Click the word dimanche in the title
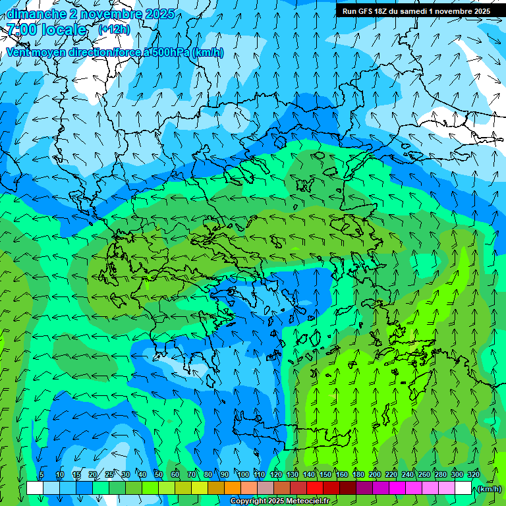click(x=33, y=14)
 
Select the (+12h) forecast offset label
click(x=114, y=30)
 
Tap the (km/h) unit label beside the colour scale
click(x=488, y=489)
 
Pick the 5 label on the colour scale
click(x=42, y=474)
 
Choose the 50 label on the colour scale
click(x=158, y=474)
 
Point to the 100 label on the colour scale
click(x=242, y=474)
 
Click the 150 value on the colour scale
click(x=325, y=474)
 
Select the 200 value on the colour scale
click(x=375, y=474)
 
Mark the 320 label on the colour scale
click(x=474, y=474)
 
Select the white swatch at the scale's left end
click(x=35, y=488)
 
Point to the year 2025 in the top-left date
click(x=160, y=14)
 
